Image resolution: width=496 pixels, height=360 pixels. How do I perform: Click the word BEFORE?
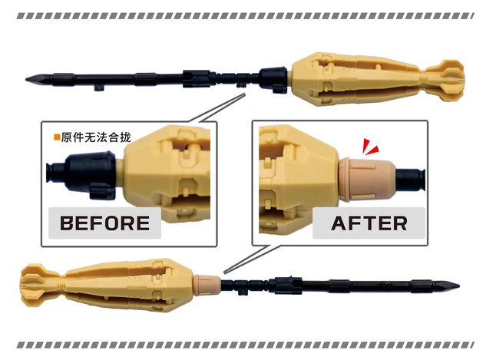point(104,223)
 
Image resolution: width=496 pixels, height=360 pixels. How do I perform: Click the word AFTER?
point(369,223)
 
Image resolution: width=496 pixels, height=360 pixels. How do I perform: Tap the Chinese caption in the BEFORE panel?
point(96,137)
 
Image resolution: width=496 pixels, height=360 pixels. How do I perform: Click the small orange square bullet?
point(58,137)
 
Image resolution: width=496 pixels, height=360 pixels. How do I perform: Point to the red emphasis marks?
point(370,147)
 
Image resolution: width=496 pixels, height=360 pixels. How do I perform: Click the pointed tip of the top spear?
point(26,79)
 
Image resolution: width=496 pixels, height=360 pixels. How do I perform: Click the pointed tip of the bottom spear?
point(459,286)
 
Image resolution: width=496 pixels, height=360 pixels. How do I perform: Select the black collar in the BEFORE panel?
point(90,174)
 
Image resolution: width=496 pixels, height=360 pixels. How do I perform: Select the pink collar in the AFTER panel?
point(367,180)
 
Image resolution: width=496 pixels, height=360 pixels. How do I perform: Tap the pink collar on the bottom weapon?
point(207,285)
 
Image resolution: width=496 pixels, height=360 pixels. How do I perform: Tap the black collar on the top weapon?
point(273,79)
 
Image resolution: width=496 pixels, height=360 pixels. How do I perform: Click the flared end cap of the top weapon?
point(445,81)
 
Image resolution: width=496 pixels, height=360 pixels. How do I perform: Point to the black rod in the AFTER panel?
point(410,180)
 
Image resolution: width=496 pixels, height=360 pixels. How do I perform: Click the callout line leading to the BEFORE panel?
point(217,107)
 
